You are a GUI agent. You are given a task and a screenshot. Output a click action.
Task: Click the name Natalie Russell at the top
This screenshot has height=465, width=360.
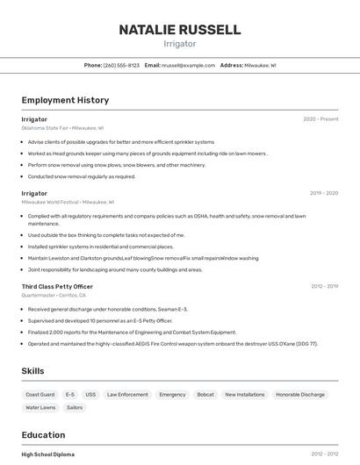click(180, 30)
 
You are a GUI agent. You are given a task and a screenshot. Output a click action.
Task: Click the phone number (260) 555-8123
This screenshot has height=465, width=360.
click(121, 66)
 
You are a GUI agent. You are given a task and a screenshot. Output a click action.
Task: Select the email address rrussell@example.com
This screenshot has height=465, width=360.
click(188, 66)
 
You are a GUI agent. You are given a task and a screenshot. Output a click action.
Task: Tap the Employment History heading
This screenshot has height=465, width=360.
click(65, 100)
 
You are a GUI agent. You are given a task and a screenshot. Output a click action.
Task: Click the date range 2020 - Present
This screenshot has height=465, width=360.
click(320, 118)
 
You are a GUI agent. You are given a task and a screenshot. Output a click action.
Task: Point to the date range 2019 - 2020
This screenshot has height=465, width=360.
click(324, 192)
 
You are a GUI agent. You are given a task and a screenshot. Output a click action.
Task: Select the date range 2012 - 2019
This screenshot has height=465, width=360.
click(324, 286)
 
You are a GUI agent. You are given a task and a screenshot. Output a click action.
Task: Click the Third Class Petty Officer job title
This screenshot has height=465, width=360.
click(57, 286)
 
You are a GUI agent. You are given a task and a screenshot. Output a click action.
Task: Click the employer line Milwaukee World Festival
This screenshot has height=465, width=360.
click(68, 202)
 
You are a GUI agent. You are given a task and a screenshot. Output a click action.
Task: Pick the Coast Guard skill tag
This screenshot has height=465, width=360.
click(40, 395)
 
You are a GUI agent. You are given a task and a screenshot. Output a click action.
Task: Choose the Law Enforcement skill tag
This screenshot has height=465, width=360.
click(127, 395)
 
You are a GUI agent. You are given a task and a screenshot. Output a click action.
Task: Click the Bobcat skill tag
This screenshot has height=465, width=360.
click(205, 395)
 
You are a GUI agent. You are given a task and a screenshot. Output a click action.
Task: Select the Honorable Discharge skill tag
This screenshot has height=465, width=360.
click(300, 395)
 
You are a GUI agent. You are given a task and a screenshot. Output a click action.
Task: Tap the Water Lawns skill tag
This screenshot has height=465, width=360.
click(40, 408)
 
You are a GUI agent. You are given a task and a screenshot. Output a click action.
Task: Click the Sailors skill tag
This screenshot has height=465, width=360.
click(75, 408)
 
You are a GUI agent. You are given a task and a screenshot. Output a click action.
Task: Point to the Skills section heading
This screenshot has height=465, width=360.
click(32, 371)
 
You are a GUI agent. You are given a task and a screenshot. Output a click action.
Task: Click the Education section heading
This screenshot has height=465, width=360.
click(43, 435)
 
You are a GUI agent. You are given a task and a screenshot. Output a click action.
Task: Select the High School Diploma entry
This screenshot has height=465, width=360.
click(48, 454)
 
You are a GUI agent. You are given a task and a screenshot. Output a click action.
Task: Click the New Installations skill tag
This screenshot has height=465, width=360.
click(244, 395)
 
